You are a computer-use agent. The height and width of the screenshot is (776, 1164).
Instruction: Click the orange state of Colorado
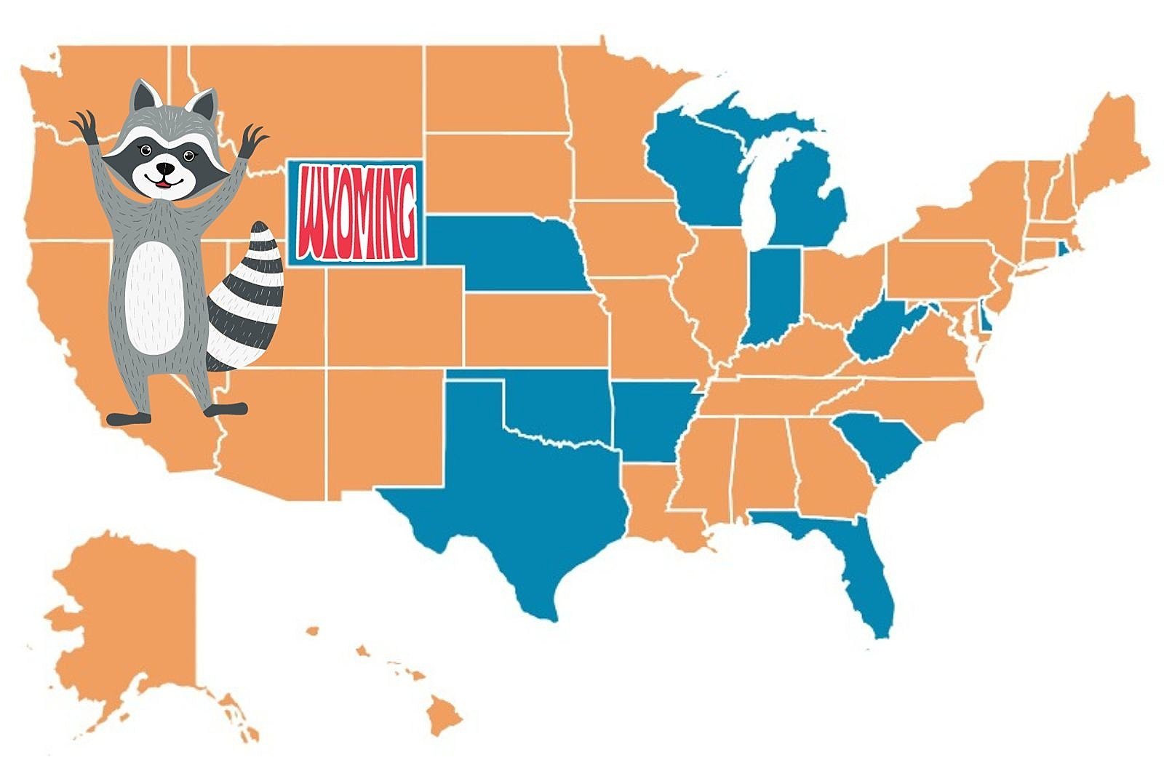[x=393, y=316]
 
